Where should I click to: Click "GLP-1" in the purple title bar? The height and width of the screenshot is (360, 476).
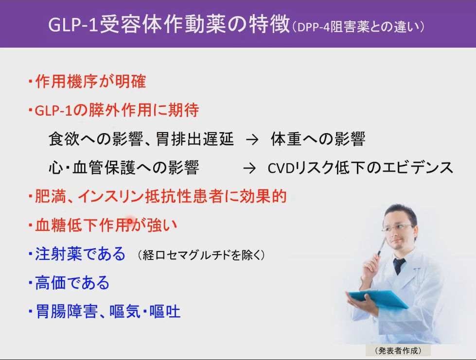coord(73,25)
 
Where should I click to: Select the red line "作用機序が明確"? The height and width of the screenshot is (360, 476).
coord(90,81)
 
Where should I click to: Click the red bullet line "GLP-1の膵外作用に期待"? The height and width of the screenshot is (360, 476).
coord(117,110)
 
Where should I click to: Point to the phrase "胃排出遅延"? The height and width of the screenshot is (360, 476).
coord(194,139)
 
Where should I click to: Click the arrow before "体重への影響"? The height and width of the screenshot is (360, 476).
coord(252,140)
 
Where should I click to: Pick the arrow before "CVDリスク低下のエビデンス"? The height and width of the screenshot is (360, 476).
coord(249,168)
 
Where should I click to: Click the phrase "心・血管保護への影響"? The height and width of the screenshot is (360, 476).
coord(124,168)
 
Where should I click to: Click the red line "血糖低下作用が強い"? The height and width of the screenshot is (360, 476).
coord(106,225)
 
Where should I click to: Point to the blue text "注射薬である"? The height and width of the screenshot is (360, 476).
coord(80,254)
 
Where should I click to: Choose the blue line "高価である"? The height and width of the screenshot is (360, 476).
coord(72,283)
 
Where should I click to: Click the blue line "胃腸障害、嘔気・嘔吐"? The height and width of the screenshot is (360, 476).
coord(108,311)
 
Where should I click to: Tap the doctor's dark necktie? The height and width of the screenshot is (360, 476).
coord(399,266)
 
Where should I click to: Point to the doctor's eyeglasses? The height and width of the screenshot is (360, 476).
coord(397,227)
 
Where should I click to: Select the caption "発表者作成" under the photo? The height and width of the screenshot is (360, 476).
coord(398,351)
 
